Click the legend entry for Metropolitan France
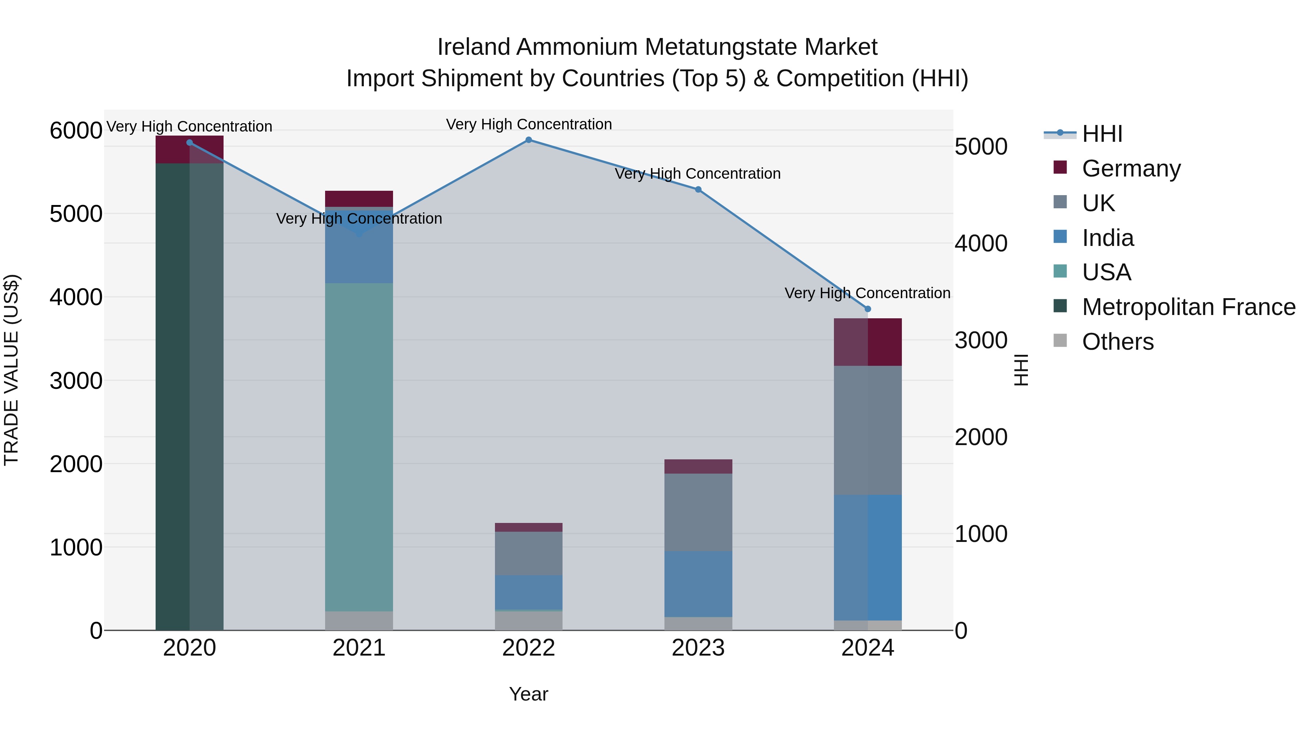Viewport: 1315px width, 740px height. tap(1188, 307)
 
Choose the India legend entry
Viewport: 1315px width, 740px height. tap(1108, 238)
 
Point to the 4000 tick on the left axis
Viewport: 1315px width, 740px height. tap(76, 297)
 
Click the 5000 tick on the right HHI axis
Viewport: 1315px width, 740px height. tap(981, 147)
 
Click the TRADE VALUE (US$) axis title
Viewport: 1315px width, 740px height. tap(11, 370)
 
